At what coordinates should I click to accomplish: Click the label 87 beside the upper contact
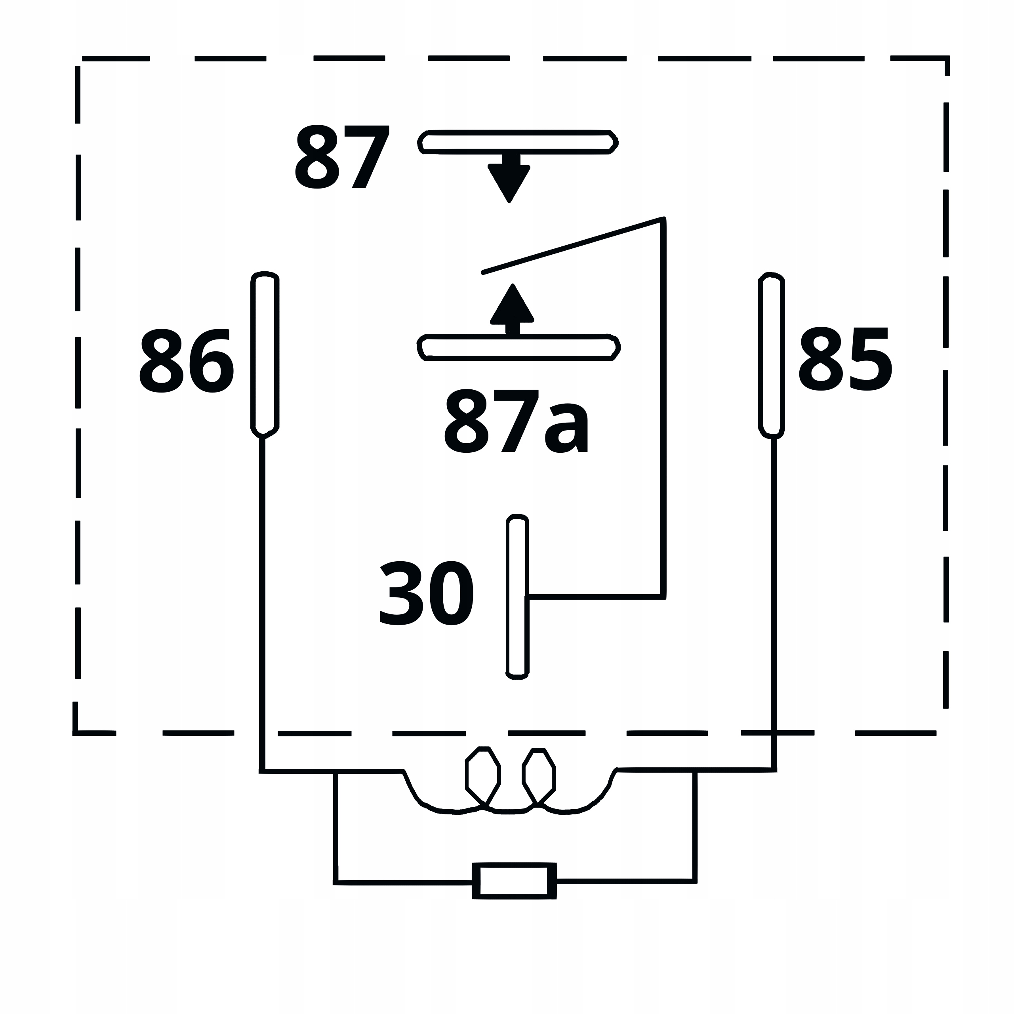click(x=342, y=156)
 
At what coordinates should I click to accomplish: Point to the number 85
click(x=845, y=359)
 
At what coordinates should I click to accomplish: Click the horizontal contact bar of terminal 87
click(x=518, y=142)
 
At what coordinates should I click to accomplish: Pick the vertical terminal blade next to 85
click(x=772, y=355)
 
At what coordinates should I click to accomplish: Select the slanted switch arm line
click(x=573, y=245)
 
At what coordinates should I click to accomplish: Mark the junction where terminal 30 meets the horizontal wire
click(x=528, y=597)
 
